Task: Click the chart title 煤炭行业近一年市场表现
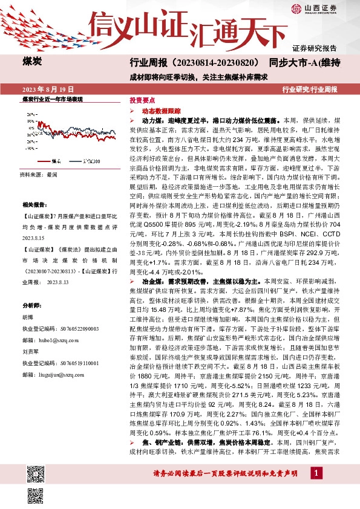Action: coord(52,98)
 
